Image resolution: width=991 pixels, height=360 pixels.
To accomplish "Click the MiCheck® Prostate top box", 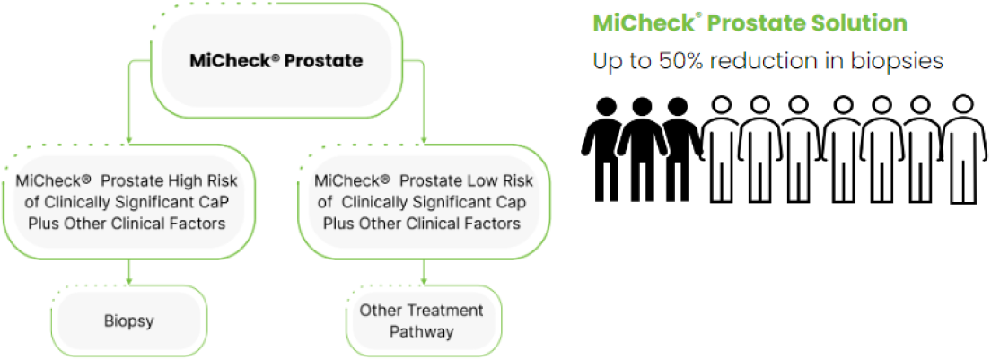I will click(x=276, y=61).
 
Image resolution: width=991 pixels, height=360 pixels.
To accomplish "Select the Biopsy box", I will click(x=129, y=319).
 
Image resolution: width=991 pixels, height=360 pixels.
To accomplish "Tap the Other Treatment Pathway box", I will click(x=422, y=320).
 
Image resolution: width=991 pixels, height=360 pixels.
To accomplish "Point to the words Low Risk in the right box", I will click(x=504, y=180).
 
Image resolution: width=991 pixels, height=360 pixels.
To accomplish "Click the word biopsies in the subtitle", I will click(x=900, y=61).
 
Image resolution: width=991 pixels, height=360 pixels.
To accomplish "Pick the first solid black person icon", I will click(x=602, y=144).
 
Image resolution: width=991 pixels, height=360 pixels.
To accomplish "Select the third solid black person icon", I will click(x=680, y=144).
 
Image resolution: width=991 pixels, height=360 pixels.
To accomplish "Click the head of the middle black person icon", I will click(x=642, y=106).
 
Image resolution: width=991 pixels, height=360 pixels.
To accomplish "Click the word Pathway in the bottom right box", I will click(x=422, y=331).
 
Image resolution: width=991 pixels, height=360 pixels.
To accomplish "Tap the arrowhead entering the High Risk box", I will click(x=129, y=141).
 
